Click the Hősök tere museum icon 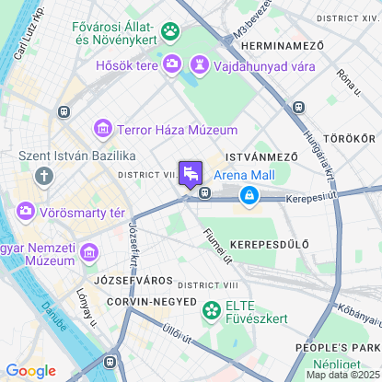[171, 64]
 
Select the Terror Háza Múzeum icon [103, 129]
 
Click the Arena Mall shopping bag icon [249, 194]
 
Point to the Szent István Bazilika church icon [43, 175]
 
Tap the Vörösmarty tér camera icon [26, 212]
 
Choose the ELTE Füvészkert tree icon [212, 311]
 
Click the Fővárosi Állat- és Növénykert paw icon [170, 32]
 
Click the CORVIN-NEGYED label [151, 301]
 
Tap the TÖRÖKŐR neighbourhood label [349, 138]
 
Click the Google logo [30, 370]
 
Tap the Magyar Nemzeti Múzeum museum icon [90, 251]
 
